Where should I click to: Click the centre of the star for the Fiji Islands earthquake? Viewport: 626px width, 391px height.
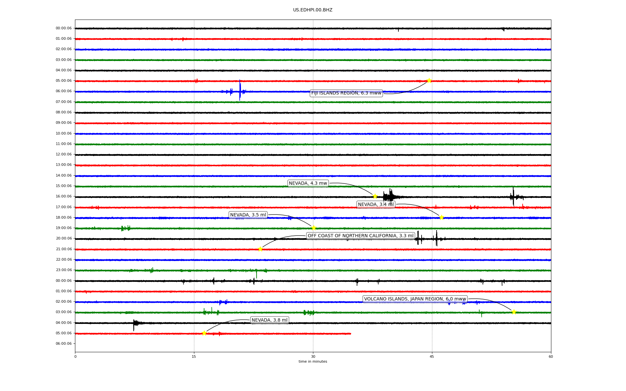click(x=429, y=80)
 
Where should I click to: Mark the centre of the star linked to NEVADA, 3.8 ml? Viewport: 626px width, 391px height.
click(x=204, y=333)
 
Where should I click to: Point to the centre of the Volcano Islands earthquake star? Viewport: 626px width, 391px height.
click(x=514, y=312)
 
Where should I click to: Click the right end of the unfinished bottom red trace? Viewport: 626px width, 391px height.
click(x=351, y=334)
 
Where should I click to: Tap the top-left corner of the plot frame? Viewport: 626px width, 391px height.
click(x=75, y=20)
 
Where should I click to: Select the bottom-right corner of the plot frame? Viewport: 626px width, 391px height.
click(x=551, y=352)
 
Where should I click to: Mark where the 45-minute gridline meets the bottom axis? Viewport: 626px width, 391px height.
click(x=432, y=352)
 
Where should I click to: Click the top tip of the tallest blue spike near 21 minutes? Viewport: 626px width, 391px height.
click(x=240, y=80)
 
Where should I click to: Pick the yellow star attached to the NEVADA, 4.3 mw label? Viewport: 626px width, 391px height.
click(x=375, y=196)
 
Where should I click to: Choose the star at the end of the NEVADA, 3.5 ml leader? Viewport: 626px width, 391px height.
click(x=314, y=228)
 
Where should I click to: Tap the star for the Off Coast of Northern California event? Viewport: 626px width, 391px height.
click(x=260, y=249)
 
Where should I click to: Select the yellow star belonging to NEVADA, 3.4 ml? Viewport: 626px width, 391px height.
click(x=441, y=217)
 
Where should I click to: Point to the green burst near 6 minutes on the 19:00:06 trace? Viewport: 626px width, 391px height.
click(x=126, y=228)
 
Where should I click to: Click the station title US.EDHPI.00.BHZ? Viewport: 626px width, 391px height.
click(x=313, y=10)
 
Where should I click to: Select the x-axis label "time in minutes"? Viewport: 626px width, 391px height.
click(x=313, y=361)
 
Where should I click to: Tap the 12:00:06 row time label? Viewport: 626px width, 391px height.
click(x=64, y=154)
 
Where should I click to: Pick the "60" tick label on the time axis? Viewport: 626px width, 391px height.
click(x=551, y=356)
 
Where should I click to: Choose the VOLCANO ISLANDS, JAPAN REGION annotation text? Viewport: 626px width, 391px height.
click(x=415, y=299)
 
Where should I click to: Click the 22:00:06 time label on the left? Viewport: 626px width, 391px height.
click(x=64, y=259)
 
